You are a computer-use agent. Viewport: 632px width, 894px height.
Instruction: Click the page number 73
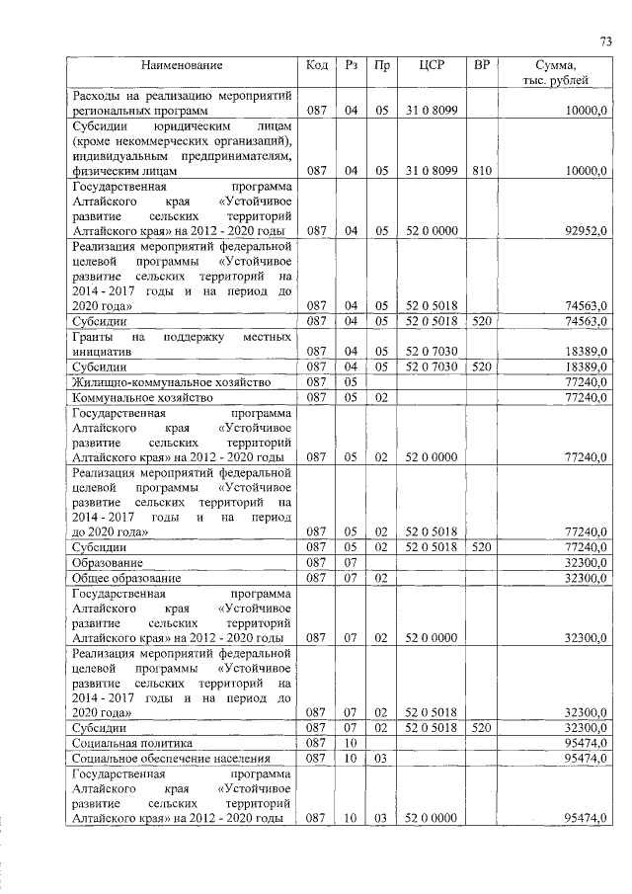pos(605,41)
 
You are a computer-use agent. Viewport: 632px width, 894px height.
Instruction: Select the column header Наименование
pos(182,66)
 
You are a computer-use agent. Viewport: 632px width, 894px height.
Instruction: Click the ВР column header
pos(481,66)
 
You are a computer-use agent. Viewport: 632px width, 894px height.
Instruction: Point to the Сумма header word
pos(555,66)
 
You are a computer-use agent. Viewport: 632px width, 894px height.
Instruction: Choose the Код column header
pos(317,66)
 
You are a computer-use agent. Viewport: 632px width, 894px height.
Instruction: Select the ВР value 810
pos(481,171)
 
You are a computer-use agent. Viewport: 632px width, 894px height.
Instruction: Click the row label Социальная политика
pos(130,742)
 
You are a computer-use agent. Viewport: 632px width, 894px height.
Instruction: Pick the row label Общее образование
pos(126,577)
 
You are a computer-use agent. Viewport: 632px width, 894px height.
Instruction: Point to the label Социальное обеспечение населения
pos(162,758)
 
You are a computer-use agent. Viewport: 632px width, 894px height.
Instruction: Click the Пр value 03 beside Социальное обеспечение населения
pos(380,758)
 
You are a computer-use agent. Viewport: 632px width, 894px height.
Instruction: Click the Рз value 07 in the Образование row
pos(350,561)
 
